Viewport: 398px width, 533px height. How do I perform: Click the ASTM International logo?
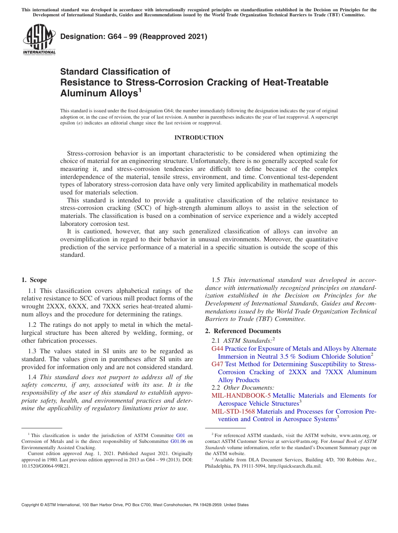point(39,39)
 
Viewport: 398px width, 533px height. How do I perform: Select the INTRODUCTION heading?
point(199,137)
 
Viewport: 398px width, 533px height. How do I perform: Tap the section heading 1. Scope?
point(34,280)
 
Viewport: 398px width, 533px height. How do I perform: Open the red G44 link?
point(217,349)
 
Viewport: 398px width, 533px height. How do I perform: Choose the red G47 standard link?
point(217,364)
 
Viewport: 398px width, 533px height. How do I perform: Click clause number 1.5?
point(216,280)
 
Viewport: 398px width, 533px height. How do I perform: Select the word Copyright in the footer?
point(31,505)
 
